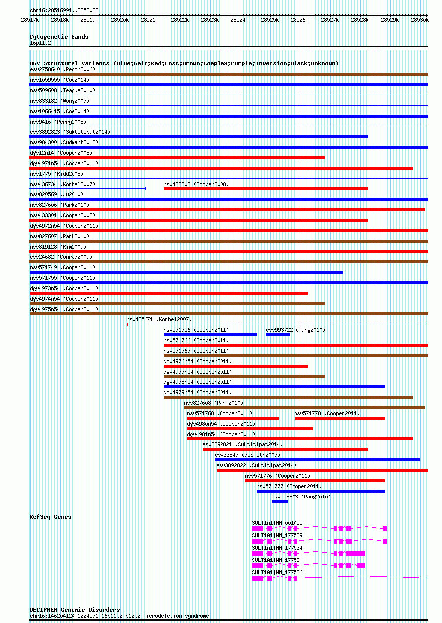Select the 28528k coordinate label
[360, 20]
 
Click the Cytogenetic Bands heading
[59, 37]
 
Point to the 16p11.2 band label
[40, 43]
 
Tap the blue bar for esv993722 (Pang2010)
[278, 335]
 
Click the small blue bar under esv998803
[280, 501]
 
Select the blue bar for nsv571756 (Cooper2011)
[211, 335]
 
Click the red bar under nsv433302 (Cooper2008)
[266, 189]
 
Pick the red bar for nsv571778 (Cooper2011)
[340, 418]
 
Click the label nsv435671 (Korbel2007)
[159, 319]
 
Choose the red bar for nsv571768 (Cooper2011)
[233, 418]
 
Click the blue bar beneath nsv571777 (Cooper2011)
[321, 491]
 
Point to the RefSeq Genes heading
[50, 517]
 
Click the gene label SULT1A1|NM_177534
[277, 548]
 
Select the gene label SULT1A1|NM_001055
[277, 523]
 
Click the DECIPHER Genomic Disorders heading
[74, 610]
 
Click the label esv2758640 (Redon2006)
[63, 69]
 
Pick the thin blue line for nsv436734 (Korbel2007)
[87, 189]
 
